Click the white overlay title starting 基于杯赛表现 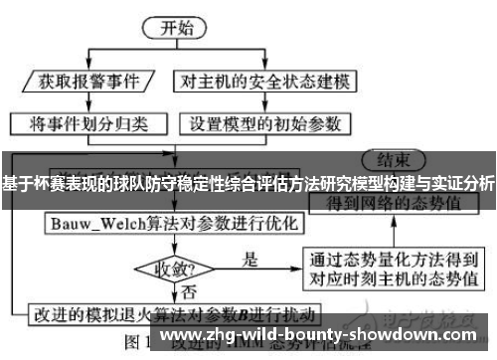(x=248, y=184)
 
